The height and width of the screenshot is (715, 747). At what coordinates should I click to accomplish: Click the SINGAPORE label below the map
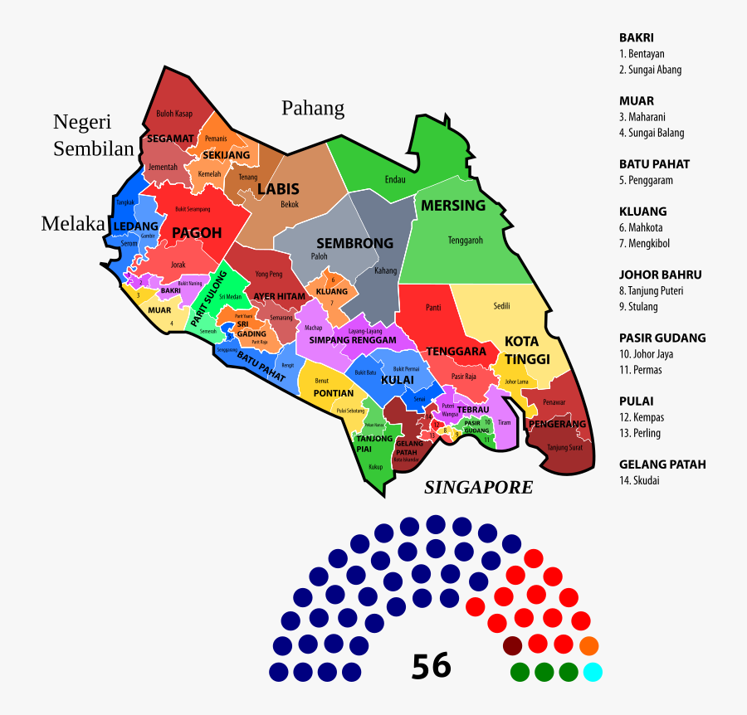tap(478, 488)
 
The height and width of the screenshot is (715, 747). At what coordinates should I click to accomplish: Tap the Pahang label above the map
tap(313, 109)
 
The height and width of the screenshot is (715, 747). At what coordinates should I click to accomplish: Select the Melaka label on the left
tap(74, 224)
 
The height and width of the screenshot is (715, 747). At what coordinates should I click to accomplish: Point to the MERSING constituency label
tap(453, 206)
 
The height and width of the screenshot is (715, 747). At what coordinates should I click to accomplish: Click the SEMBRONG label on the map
tap(354, 244)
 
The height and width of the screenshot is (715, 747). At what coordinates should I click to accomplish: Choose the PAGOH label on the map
tap(197, 233)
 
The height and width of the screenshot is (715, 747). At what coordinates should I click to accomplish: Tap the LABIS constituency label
tap(278, 190)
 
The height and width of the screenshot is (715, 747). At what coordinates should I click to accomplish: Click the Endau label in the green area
tap(396, 179)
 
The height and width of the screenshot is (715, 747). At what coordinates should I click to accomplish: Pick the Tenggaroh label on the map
tap(465, 241)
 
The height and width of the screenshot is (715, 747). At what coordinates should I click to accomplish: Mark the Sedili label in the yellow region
tap(501, 305)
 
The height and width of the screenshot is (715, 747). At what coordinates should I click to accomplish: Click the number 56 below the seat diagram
tap(431, 665)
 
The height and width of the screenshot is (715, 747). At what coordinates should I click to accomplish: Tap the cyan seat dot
tap(593, 671)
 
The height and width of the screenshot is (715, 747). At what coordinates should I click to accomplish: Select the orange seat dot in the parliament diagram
tap(588, 645)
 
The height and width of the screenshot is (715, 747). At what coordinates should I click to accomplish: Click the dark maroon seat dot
tap(513, 645)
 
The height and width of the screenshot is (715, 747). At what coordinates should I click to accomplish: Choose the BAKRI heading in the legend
tap(637, 37)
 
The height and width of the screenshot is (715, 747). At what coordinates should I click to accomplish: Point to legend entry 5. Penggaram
tap(646, 180)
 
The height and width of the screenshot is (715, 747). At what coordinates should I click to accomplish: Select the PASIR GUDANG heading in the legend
tap(662, 338)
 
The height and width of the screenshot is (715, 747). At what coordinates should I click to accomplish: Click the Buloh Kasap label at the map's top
tap(174, 114)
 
